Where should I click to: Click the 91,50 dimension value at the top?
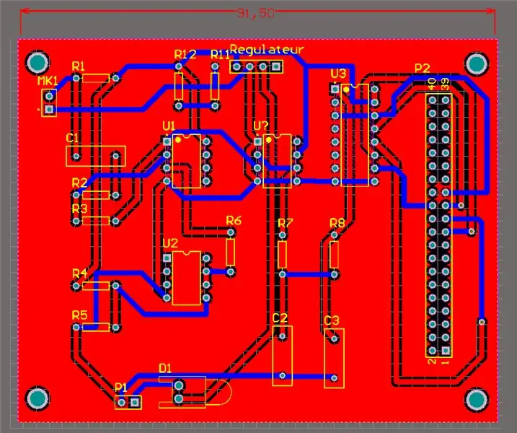[x=255, y=13]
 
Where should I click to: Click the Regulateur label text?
[x=267, y=50]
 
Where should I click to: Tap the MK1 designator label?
[x=48, y=81]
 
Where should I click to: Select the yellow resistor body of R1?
[x=96, y=78]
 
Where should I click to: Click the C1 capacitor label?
[x=72, y=138]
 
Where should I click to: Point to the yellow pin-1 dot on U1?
[x=178, y=140]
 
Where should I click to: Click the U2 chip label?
[x=170, y=243]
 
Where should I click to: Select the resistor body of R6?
[x=231, y=252]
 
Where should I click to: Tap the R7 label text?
[x=286, y=223]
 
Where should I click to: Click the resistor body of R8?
[x=334, y=255]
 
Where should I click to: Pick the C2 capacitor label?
[x=280, y=318]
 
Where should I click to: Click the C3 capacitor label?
[x=332, y=320]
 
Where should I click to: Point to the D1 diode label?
[x=165, y=368]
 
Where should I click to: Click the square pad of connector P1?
[x=135, y=402]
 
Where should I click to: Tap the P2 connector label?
[x=422, y=69]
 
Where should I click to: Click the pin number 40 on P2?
[x=432, y=83]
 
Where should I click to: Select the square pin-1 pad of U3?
[x=335, y=89]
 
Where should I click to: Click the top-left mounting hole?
[x=37, y=62]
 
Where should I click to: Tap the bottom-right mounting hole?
[x=477, y=400]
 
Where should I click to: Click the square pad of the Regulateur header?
[x=276, y=67]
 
